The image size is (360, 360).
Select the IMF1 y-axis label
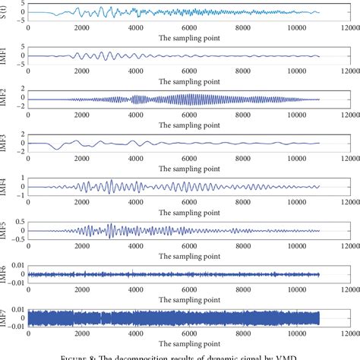[5, 55]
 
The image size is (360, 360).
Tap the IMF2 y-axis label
[5, 98]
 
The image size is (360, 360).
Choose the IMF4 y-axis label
[5, 186]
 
